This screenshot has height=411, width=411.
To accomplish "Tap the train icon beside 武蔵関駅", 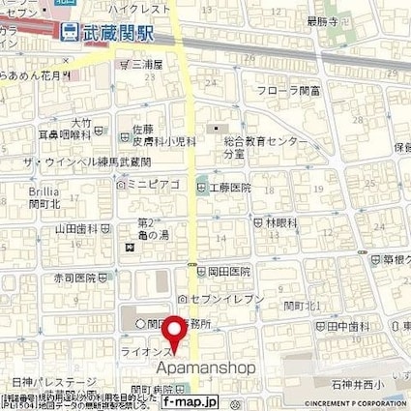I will pyautogui.click(x=69, y=31).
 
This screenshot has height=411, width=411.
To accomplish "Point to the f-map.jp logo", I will pyautogui.click(x=190, y=401).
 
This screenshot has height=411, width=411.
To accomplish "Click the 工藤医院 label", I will pyautogui.click(x=229, y=186).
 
